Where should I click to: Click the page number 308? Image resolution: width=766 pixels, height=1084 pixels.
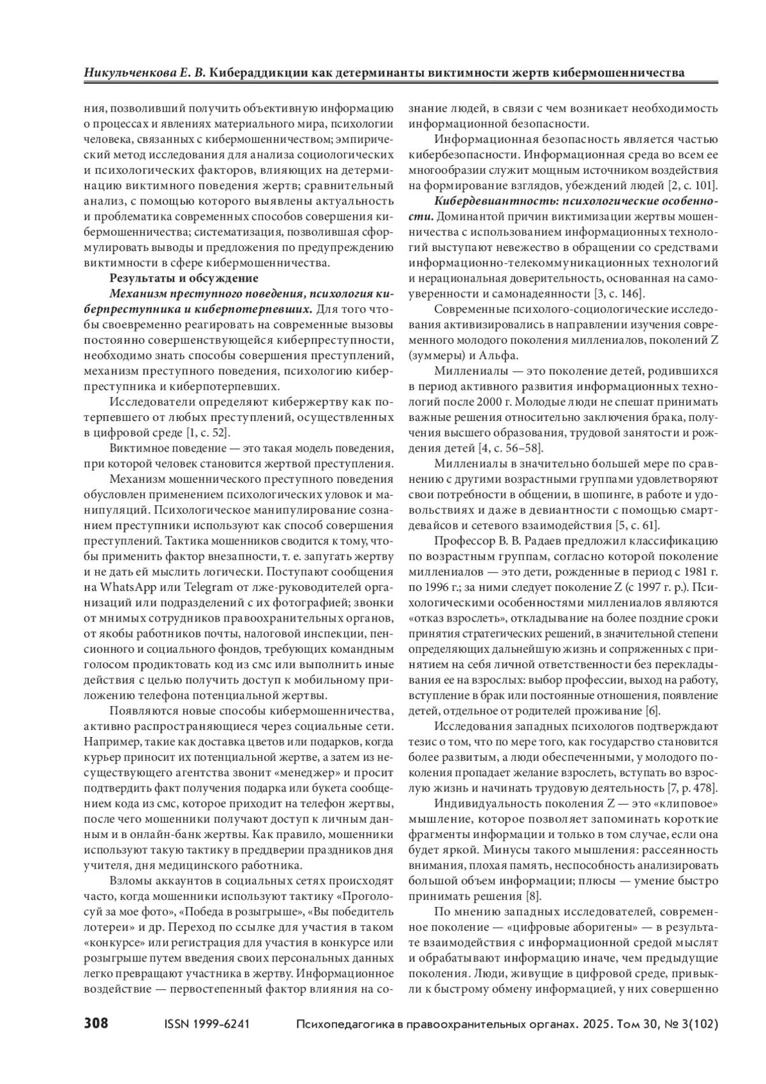coord(96,1023)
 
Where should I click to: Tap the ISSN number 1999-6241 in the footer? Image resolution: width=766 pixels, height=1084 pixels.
coord(221,1024)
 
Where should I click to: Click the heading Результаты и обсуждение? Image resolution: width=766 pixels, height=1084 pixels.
coord(184,278)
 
